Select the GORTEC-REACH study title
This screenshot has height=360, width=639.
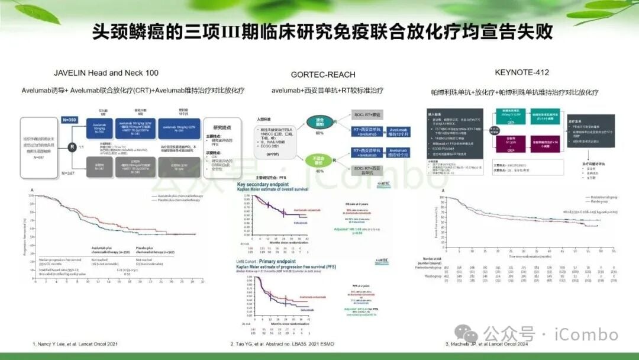click(x=322, y=75)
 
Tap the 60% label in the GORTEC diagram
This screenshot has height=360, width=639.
click(x=320, y=133)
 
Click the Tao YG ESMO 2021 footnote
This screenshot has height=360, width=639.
click(x=283, y=343)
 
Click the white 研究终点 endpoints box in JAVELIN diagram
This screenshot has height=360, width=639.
click(x=217, y=146)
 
